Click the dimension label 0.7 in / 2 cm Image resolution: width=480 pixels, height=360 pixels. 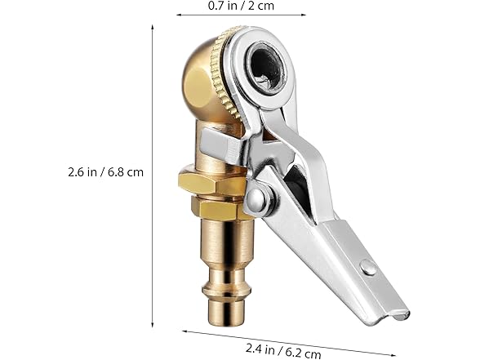(241, 6)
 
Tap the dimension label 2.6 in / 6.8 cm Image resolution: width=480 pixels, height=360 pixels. (105, 172)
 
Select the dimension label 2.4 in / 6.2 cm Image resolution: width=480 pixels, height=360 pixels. (283, 350)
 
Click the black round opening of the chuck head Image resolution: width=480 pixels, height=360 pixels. (265, 67)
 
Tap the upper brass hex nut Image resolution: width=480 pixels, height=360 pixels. (211, 183)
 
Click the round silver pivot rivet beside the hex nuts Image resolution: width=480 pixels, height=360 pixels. (256, 198)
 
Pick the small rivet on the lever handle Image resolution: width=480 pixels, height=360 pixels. (369, 267)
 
